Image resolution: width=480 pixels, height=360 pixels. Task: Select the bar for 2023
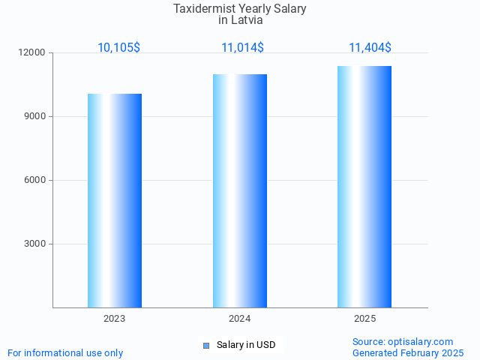[115, 200]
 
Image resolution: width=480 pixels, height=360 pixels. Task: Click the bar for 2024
[240, 190]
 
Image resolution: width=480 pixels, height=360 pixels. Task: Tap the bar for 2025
[364, 187]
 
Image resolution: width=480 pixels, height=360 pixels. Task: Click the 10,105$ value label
[118, 48]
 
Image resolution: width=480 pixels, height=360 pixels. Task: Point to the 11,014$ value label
[242, 48]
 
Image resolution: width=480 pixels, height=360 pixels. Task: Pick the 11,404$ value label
[370, 48]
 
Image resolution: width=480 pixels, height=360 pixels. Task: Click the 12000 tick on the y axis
[33, 53]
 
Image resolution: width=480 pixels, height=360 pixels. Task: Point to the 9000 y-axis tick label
[35, 117]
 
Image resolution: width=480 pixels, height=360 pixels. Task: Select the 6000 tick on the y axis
[35, 180]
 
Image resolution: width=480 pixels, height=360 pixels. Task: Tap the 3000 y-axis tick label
[35, 244]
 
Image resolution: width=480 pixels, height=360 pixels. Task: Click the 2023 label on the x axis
[115, 319]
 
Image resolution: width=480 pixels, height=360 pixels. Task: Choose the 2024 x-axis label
[240, 319]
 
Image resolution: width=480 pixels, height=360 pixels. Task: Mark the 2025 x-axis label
[364, 319]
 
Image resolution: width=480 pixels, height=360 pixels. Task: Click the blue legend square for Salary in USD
[206, 345]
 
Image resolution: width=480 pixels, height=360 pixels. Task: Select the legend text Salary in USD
[246, 345]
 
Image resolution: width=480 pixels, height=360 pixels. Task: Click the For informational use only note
[65, 352]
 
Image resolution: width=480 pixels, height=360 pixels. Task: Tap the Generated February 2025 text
[408, 352]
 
